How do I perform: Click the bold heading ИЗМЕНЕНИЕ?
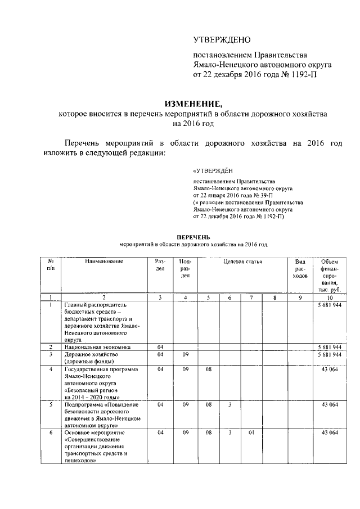193,103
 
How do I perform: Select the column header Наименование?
104,262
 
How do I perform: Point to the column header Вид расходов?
300,269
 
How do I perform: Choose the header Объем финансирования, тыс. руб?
330,276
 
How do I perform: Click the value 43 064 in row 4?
330,370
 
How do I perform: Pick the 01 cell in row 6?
252,433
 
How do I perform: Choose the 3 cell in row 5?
229,404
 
